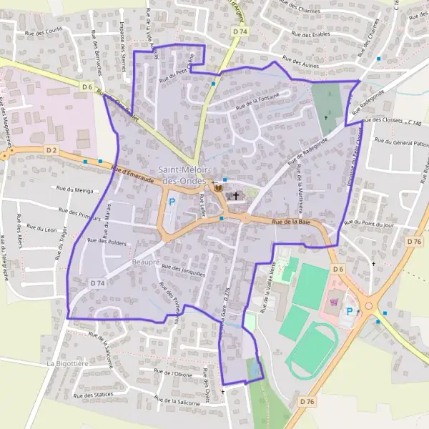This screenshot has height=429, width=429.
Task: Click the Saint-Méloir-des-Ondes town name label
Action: tap(179, 175)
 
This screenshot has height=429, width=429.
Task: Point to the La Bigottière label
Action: tap(66, 363)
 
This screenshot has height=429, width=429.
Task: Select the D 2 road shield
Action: tap(51, 150)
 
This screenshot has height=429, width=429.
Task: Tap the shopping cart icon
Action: tap(334, 302)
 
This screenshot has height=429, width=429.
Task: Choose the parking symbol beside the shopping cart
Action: tap(350, 311)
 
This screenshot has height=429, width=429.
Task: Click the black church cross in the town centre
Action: tap(236, 194)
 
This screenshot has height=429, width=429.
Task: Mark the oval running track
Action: tap(312, 350)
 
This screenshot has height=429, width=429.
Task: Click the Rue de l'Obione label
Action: tap(173, 373)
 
